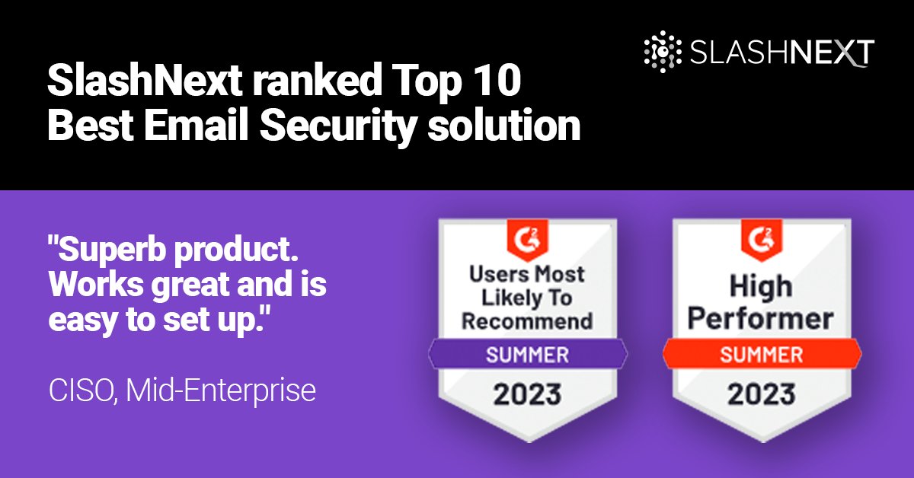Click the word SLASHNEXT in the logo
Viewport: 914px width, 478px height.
pyautogui.click(x=782, y=53)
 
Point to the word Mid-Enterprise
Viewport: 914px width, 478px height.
pyautogui.click(x=221, y=390)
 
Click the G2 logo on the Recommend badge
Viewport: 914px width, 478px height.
pyautogui.click(x=527, y=238)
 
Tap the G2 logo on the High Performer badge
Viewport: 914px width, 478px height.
pyautogui.click(x=762, y=238)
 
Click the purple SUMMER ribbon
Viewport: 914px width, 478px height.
pyautogui.click(x=528, y=355)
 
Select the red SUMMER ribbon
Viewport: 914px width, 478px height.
pyautogui.click(x=762, y=355)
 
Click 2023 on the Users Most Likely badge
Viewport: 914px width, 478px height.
pyautogui.click(x=528, y=394)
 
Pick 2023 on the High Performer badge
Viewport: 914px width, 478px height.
pyautogui.click(x=762, y=394)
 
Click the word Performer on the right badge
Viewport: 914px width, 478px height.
pyautogui.click(x=762, y=318)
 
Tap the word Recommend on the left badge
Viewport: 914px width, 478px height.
pyautogui.click(x=527, y=320)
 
